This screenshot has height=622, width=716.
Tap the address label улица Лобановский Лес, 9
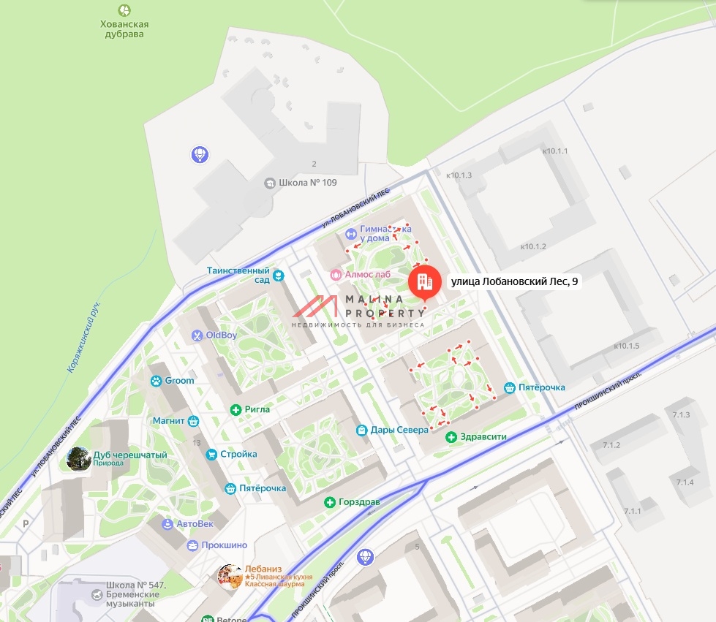[x=515, y=282]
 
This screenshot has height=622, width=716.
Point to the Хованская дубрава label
[x=124, y=29]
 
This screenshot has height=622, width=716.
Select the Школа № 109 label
[x=307, y=182]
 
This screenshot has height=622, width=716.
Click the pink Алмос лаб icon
[x=336, y=274]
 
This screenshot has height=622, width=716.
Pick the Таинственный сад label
[x=238, y=275]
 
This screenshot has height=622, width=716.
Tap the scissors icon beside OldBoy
[x=197, y=335]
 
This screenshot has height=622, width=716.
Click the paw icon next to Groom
[x=156, y=381]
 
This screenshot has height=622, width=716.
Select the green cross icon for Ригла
[x=236, y=409]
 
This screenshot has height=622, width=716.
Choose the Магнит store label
[x=169, y=420]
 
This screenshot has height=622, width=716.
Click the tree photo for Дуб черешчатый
[x=79, y=458]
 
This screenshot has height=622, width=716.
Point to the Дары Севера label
[x=399, y=430]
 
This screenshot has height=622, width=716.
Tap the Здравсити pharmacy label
[x=483, y=437]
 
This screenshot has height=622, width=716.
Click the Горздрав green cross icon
[x=330, y=502]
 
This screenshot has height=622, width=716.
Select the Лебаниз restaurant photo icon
[x=230, y=576]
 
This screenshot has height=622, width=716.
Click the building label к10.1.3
[x=459, y=175]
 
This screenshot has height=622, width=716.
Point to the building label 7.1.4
[x=685, y=482]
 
